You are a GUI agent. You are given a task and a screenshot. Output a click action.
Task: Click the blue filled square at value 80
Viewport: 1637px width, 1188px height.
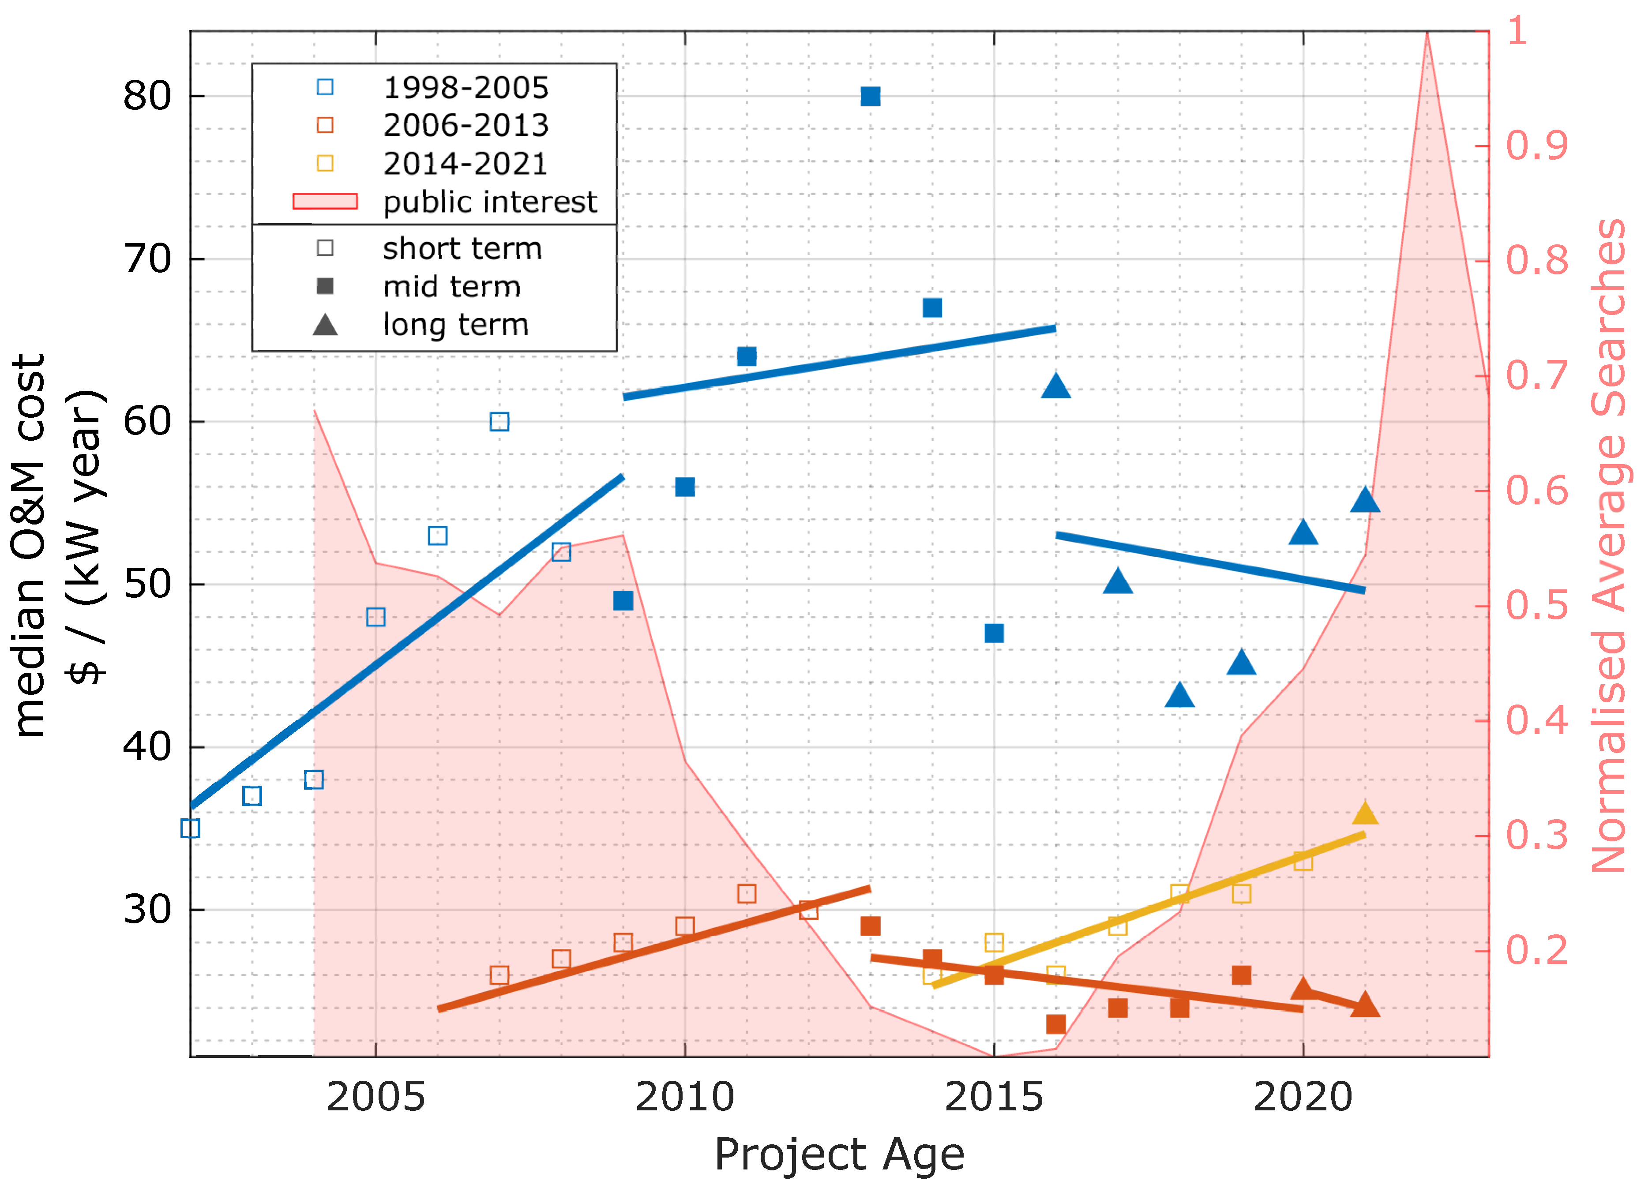tap(871, 96)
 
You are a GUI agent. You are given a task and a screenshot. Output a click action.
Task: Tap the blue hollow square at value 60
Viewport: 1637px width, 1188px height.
tap(499, 421)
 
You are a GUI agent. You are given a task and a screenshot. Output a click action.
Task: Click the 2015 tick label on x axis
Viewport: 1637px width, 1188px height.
tap(993, 1098)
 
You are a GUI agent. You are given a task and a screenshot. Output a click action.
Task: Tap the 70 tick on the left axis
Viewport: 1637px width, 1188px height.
tap(147, 259)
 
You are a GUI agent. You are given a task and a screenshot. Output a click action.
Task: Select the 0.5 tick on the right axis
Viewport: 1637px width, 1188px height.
tap(1536, 605)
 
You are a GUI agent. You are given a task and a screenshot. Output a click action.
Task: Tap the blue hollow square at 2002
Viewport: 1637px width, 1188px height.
tap(190, 828)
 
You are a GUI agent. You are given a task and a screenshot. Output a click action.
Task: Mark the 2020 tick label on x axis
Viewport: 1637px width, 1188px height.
tap(1303, 1098)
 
